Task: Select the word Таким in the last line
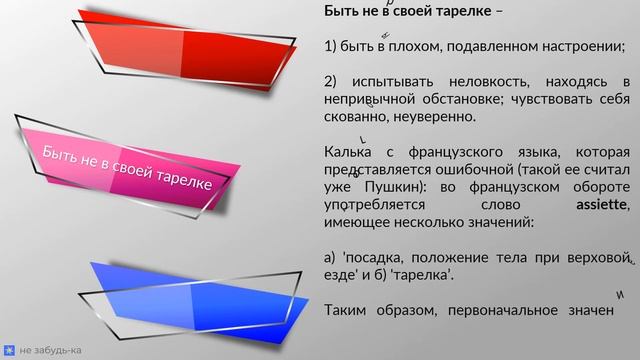tap(347, 310)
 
